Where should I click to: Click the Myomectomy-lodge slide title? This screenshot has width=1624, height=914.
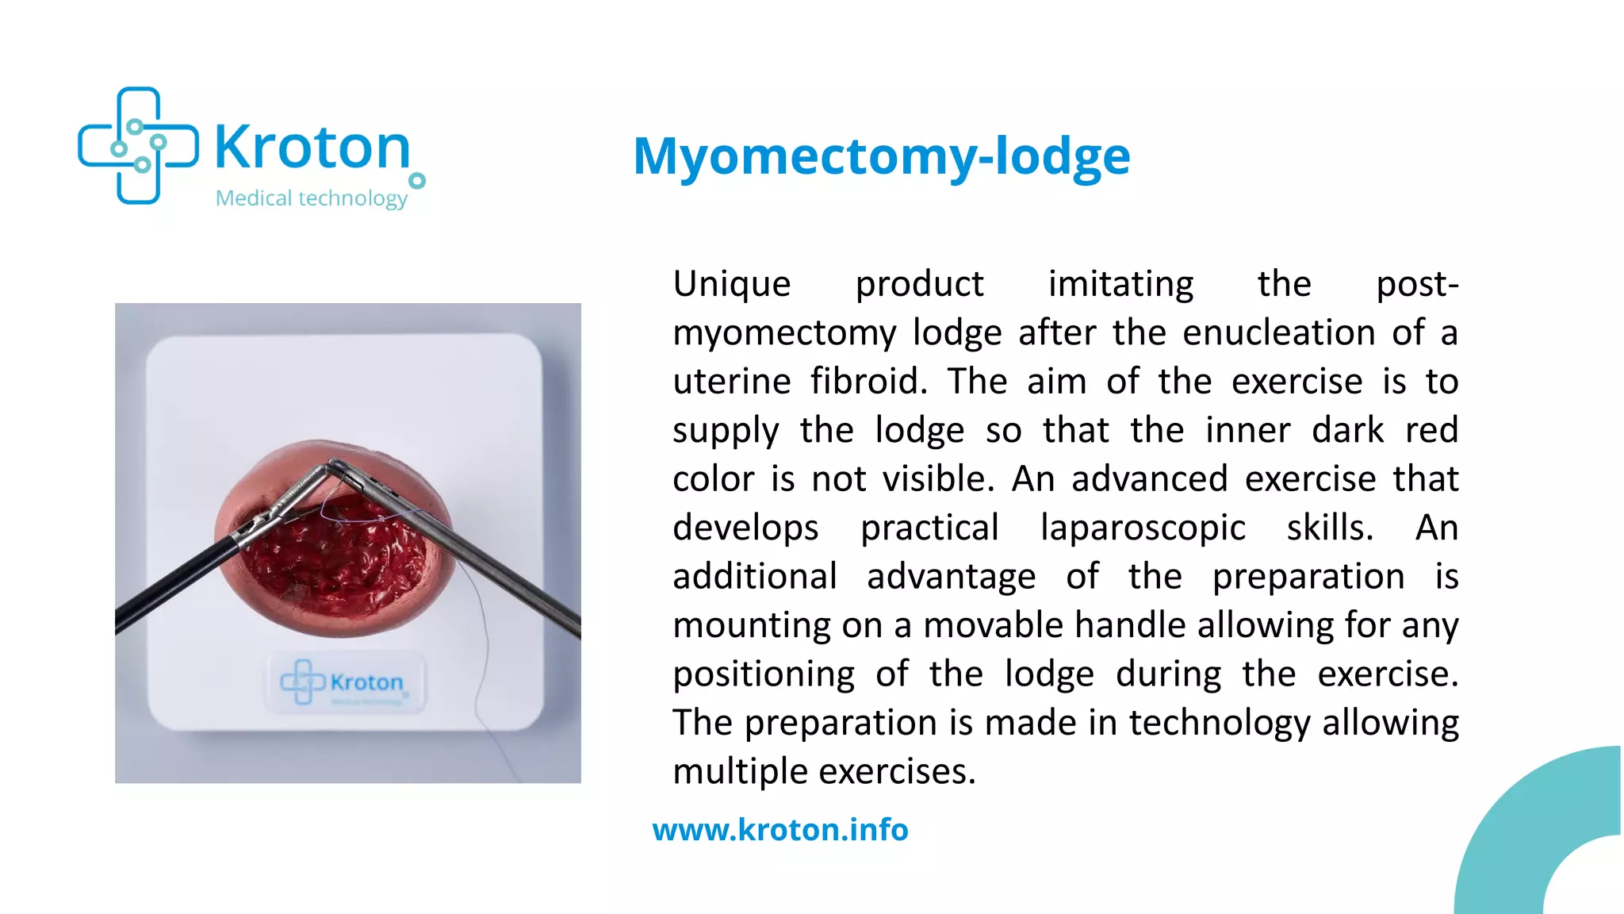(x=881, y=156)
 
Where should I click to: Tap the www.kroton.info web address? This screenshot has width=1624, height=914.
(x=780, y=830)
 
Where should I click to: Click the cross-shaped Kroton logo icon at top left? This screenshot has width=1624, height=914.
(x=138, y=146)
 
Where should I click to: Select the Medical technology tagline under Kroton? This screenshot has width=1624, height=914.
(x=312, y=198)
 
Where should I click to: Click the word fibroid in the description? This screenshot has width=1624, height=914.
(x=868, y=382)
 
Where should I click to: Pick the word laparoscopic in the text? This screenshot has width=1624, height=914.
(x=1142, y=528)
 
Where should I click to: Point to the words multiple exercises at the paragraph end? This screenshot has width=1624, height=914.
(x=824, y=771)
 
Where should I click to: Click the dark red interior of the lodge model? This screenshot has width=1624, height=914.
(x=333, y=563)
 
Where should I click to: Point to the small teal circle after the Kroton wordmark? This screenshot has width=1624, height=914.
(x=417, y=181)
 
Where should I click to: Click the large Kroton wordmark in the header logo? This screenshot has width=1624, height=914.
(x=312, y=148)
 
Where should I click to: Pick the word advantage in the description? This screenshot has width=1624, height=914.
(x=951, y=577)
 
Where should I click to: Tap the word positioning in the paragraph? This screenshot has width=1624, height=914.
(x=764, y=674)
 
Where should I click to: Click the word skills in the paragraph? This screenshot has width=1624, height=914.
(x=1329, y=528)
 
